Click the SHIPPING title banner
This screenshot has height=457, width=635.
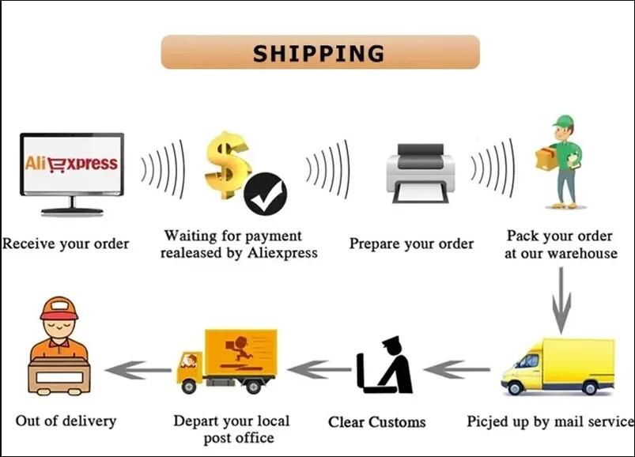(x=320, y=52)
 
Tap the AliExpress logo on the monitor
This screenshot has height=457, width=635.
(x=71, y=163)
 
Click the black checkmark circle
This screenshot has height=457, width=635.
(x=265, y=194)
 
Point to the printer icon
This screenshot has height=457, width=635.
(x=421, y=173)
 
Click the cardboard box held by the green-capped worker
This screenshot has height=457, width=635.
(x=546, y=158)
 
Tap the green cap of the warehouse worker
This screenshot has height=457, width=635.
(x=563, y=121)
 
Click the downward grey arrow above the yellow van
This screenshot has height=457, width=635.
(x=561, y=300)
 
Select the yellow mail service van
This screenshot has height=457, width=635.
(x=558, y=367)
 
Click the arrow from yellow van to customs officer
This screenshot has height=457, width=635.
(x=457, y=369)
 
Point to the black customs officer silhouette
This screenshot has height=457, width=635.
(x=384, y=365)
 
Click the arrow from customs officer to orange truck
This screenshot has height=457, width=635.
(x=319, y=369)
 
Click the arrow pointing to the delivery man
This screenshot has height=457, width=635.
(x=138, y=369)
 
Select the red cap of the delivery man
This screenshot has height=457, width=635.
(x=59, y=309)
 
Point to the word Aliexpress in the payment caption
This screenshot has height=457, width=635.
(x=282, y=253)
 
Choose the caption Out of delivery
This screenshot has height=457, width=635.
(x=66, y=421)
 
